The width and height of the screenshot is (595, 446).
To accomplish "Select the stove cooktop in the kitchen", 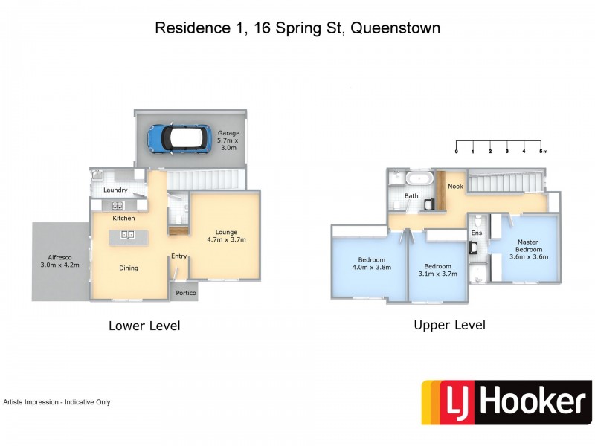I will coord(117,205).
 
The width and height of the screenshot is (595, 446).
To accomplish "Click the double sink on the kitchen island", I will coord(127,236).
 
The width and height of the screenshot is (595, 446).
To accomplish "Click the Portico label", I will coord(186,293).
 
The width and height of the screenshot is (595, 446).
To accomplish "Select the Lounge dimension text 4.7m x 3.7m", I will coord(226,239).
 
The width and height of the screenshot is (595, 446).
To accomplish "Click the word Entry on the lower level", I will coord(179,256).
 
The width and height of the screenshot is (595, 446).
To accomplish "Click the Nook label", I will coord(455,187).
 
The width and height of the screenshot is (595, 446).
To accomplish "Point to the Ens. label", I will coord(477,233).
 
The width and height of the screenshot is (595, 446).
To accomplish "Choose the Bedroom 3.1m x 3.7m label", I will coord(438,270).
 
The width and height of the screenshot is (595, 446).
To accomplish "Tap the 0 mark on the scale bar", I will coord(456,151).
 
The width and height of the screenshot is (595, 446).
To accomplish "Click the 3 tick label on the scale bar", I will coord(507,151).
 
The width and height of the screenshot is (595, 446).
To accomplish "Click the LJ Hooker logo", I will coord(506,402).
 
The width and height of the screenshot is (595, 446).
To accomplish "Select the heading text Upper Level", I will coord(449,325).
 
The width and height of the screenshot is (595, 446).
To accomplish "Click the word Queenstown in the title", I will coord(395,28).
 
